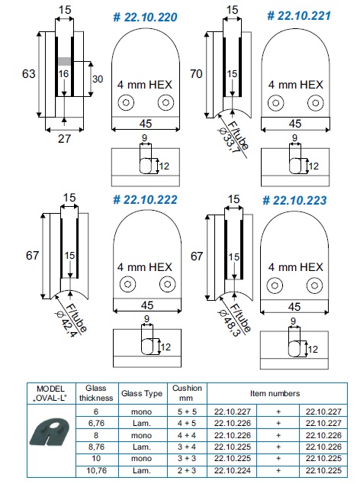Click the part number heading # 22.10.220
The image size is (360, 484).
pos(145,18)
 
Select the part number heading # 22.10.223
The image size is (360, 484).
pos(294,200)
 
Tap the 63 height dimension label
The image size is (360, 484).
pos(29,74)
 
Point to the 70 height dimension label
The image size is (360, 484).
pos(196,74)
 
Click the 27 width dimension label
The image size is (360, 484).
pos(65,139)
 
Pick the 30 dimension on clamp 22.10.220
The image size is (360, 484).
pos(98,79)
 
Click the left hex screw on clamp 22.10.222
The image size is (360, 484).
pos(127,284)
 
